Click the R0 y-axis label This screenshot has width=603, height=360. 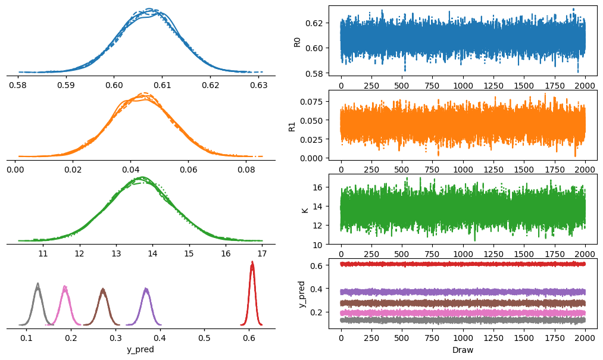297,42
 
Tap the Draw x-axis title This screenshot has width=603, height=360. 463,350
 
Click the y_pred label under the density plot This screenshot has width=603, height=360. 140,350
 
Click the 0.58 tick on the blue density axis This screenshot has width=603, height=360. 18,85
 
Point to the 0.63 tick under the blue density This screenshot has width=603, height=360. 258,85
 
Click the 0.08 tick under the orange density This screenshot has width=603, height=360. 246,169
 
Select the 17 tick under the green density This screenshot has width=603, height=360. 262,253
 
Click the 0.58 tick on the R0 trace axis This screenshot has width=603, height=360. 315,73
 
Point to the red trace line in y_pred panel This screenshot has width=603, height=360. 463,264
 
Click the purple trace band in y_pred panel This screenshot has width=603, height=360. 463,292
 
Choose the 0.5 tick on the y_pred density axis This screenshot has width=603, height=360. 205,338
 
